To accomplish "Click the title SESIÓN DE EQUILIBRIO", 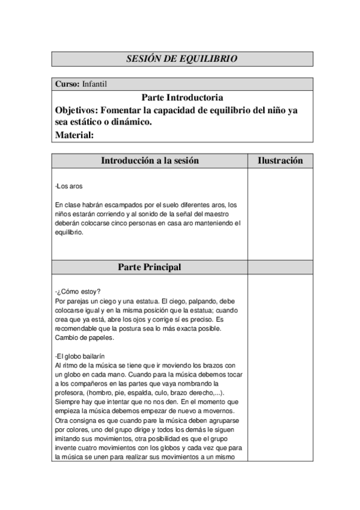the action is [182, 59].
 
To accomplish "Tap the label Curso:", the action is [67, 85].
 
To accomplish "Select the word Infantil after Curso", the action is [94, 85].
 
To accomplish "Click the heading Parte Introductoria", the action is [182, 97].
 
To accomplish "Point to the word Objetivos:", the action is [77, 110].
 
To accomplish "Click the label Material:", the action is [75, 135].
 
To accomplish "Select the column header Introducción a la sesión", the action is [150, 161].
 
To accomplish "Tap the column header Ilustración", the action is [280, 161].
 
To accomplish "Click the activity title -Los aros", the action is [68, 186].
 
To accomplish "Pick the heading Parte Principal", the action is [150, 267].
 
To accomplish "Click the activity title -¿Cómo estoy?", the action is [78, 292].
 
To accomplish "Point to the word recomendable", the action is [76, 328].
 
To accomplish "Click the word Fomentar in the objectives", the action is [123, 110].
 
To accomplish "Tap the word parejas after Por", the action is [76, 301].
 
